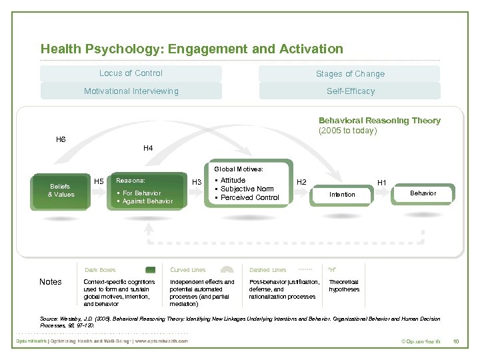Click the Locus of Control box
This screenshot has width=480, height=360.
pyautogui.click(x=131, y=73)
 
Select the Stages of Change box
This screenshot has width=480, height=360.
pyautogui.click(x=350, y=74)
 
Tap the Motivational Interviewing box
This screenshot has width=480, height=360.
pyautogui.click(x=131, y=91)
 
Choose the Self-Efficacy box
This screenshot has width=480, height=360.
pyautogui.click(x=350, y=91)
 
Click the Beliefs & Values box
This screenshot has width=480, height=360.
pyautogui.click(x=61, y=191)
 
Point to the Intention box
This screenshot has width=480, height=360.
pyautogui.click(x=342, y=195)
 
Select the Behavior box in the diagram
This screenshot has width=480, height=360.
pyautogui.click(x=423, y=193)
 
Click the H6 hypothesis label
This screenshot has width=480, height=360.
pyautogui.click(x=61, y=139)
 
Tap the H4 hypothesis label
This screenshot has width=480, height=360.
pyautogui.click(x=148, y=148)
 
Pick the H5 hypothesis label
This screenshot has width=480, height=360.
pyautogui.click(x=99, y=181)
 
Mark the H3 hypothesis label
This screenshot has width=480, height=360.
pyautogui.click(x=197, y=182)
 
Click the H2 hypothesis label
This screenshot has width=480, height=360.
pyautogui.click(x=301, y=182)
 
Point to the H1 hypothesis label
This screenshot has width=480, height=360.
pyautogui.click(x=382, y=182)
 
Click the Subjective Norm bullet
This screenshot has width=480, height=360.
pyautogui.click(x=247, y=189)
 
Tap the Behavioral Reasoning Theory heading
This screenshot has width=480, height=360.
pyautogui.click(x=379, y=121)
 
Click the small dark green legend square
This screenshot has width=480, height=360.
pyautogui.click(x=151, y=270)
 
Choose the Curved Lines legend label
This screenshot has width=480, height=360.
pyautogui.click(x=188, y=270)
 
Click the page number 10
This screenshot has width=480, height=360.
pyautogui.click(x=456, y=342)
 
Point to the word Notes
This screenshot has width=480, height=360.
pyautogui.click(x=51, y=282)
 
